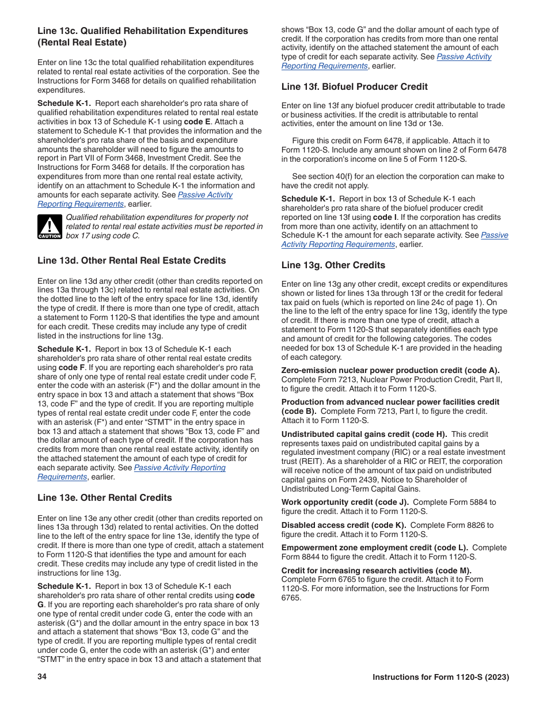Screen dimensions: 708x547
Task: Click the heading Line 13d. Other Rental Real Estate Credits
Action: pos(131,261)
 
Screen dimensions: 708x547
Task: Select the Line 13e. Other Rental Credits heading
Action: pos(104,498)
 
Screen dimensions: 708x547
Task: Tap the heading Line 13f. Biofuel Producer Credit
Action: pos(354,87)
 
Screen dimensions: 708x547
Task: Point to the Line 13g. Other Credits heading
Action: pos(333,265)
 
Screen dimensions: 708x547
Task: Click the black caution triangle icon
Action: pos(50,227)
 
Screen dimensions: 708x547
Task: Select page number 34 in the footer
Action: pos(42,677)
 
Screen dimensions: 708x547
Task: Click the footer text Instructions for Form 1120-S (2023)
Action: pos(440,677)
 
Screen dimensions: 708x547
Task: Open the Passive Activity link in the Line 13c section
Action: pos(205,195)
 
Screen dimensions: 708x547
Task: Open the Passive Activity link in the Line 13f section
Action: pos(494,235)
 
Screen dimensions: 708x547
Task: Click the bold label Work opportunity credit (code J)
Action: pos(345,503)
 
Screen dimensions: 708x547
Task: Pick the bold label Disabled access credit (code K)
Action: pos(344,525)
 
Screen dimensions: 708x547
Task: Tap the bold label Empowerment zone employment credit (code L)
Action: pos(374,548)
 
